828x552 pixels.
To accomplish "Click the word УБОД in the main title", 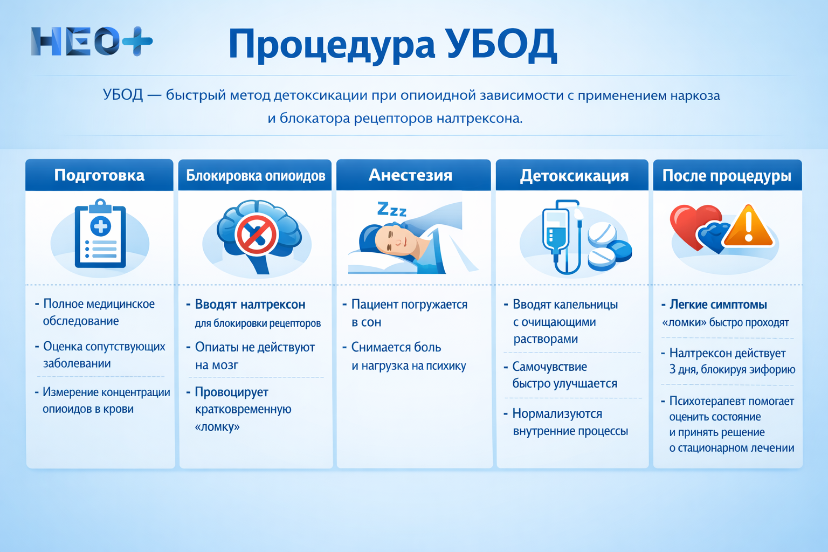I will tap(501, 44).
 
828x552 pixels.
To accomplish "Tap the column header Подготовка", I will tap(99, 175).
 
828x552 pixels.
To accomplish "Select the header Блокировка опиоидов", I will tap(256, 176).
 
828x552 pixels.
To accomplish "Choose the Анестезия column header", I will tap(410, 175).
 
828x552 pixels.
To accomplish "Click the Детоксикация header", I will tap(574, 176).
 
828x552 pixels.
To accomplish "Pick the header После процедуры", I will tap(727, 176).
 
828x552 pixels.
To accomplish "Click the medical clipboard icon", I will tap(100, 234).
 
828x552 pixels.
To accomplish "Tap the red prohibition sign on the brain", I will tap(256, 235).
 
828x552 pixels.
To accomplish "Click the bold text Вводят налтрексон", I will tap(250, 305).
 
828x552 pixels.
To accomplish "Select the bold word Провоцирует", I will tap(231, 392).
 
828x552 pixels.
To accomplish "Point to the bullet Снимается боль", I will tap(396, 347).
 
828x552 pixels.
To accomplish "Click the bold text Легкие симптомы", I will tap(718, 305).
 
